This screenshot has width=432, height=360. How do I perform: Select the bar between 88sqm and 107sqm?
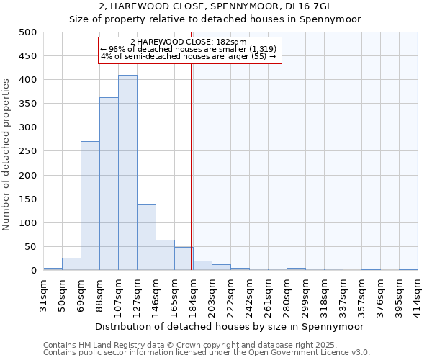[x=109, y=184]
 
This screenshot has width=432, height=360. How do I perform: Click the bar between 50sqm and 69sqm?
[x=71, y=264]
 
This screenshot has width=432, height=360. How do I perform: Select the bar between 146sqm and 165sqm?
[x=165, y=256]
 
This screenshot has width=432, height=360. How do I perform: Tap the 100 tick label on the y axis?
[x=27, y=223]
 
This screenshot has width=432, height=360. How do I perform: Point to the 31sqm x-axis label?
[x=43, y=294]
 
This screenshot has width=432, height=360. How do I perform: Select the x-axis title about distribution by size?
[x=230, y=326]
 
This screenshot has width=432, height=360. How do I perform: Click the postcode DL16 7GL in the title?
[x=310, y=6]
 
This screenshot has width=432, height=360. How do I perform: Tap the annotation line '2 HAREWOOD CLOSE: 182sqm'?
[x=189, y=42]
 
